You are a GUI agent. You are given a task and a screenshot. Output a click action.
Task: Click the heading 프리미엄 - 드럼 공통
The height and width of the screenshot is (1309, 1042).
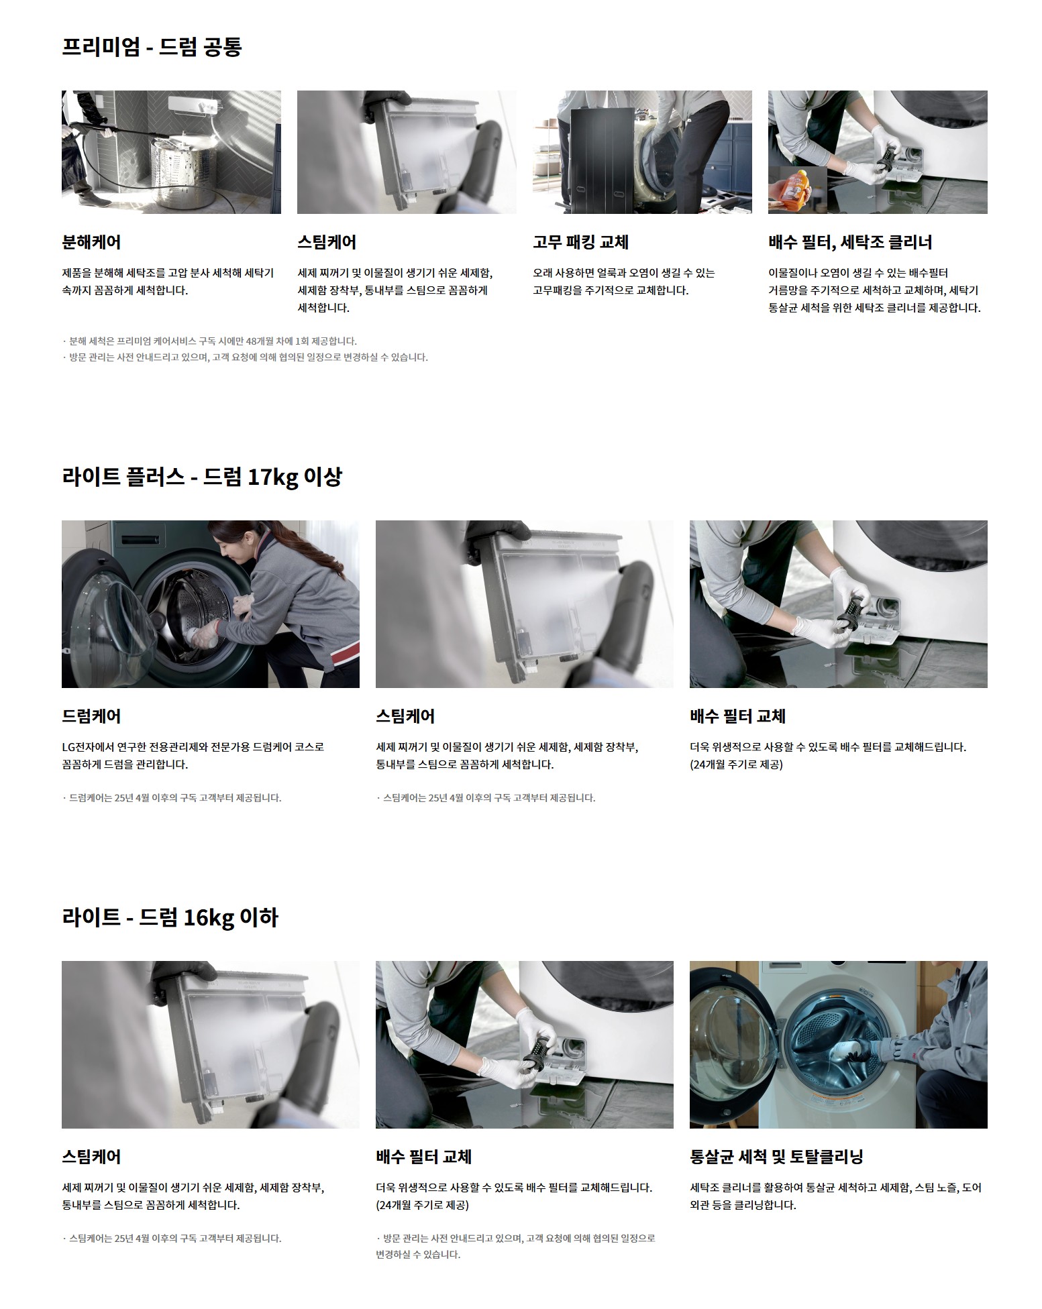tap(152, 47)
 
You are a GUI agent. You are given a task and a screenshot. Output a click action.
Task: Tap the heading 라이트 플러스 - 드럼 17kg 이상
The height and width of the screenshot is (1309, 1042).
tap(202, 477)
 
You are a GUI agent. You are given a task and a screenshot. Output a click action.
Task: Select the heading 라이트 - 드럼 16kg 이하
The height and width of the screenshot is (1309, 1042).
tap(170, 917)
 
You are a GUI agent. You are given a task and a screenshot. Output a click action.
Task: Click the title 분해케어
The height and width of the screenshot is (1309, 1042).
tap(91, 242)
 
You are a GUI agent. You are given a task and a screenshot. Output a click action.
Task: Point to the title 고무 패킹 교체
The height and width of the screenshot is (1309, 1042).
tap(580, 242)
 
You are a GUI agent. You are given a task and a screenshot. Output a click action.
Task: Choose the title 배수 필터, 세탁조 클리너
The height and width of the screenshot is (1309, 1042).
tap(850, 242)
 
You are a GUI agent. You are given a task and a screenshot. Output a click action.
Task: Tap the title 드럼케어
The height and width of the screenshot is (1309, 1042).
tap(91, 716)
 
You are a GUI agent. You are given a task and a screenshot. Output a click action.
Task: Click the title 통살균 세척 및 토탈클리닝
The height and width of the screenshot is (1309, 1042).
tap(776, 1157)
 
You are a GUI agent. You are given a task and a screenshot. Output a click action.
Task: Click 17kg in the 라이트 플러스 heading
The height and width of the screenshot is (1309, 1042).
tap(272, 477)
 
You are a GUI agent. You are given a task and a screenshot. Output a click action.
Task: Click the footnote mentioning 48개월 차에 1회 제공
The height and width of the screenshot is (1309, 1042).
tap(209, 341)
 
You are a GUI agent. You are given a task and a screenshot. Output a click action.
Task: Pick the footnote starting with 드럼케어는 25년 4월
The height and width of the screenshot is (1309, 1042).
tap(172, 798)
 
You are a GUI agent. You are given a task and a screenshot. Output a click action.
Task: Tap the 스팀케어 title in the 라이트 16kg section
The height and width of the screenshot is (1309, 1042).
tap(91, 1157)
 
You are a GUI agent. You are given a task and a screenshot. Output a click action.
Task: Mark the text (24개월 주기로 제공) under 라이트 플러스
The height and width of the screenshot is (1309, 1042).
tap(736, 764)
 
